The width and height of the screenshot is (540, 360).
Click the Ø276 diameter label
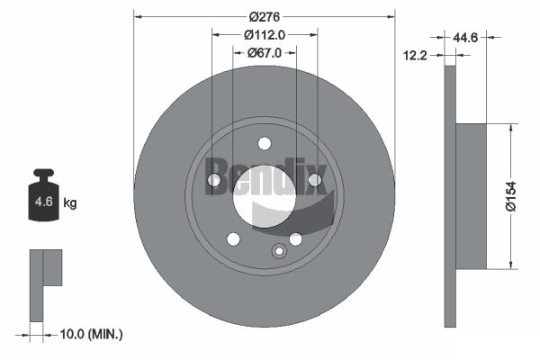point(265,16)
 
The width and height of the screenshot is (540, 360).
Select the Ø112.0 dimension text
point(265,35)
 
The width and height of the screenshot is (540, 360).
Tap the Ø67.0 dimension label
point(265,53)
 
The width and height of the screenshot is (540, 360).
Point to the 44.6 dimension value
point(465,37)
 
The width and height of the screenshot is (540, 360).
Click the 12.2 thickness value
point(415,55)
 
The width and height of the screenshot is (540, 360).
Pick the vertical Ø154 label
point(511,196)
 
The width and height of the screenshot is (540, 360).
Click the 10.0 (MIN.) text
point(91,334)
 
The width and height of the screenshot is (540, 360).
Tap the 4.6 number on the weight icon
point(44,202)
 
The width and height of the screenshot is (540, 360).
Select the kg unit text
point(70,203)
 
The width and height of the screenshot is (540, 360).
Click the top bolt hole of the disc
point(265,143)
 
